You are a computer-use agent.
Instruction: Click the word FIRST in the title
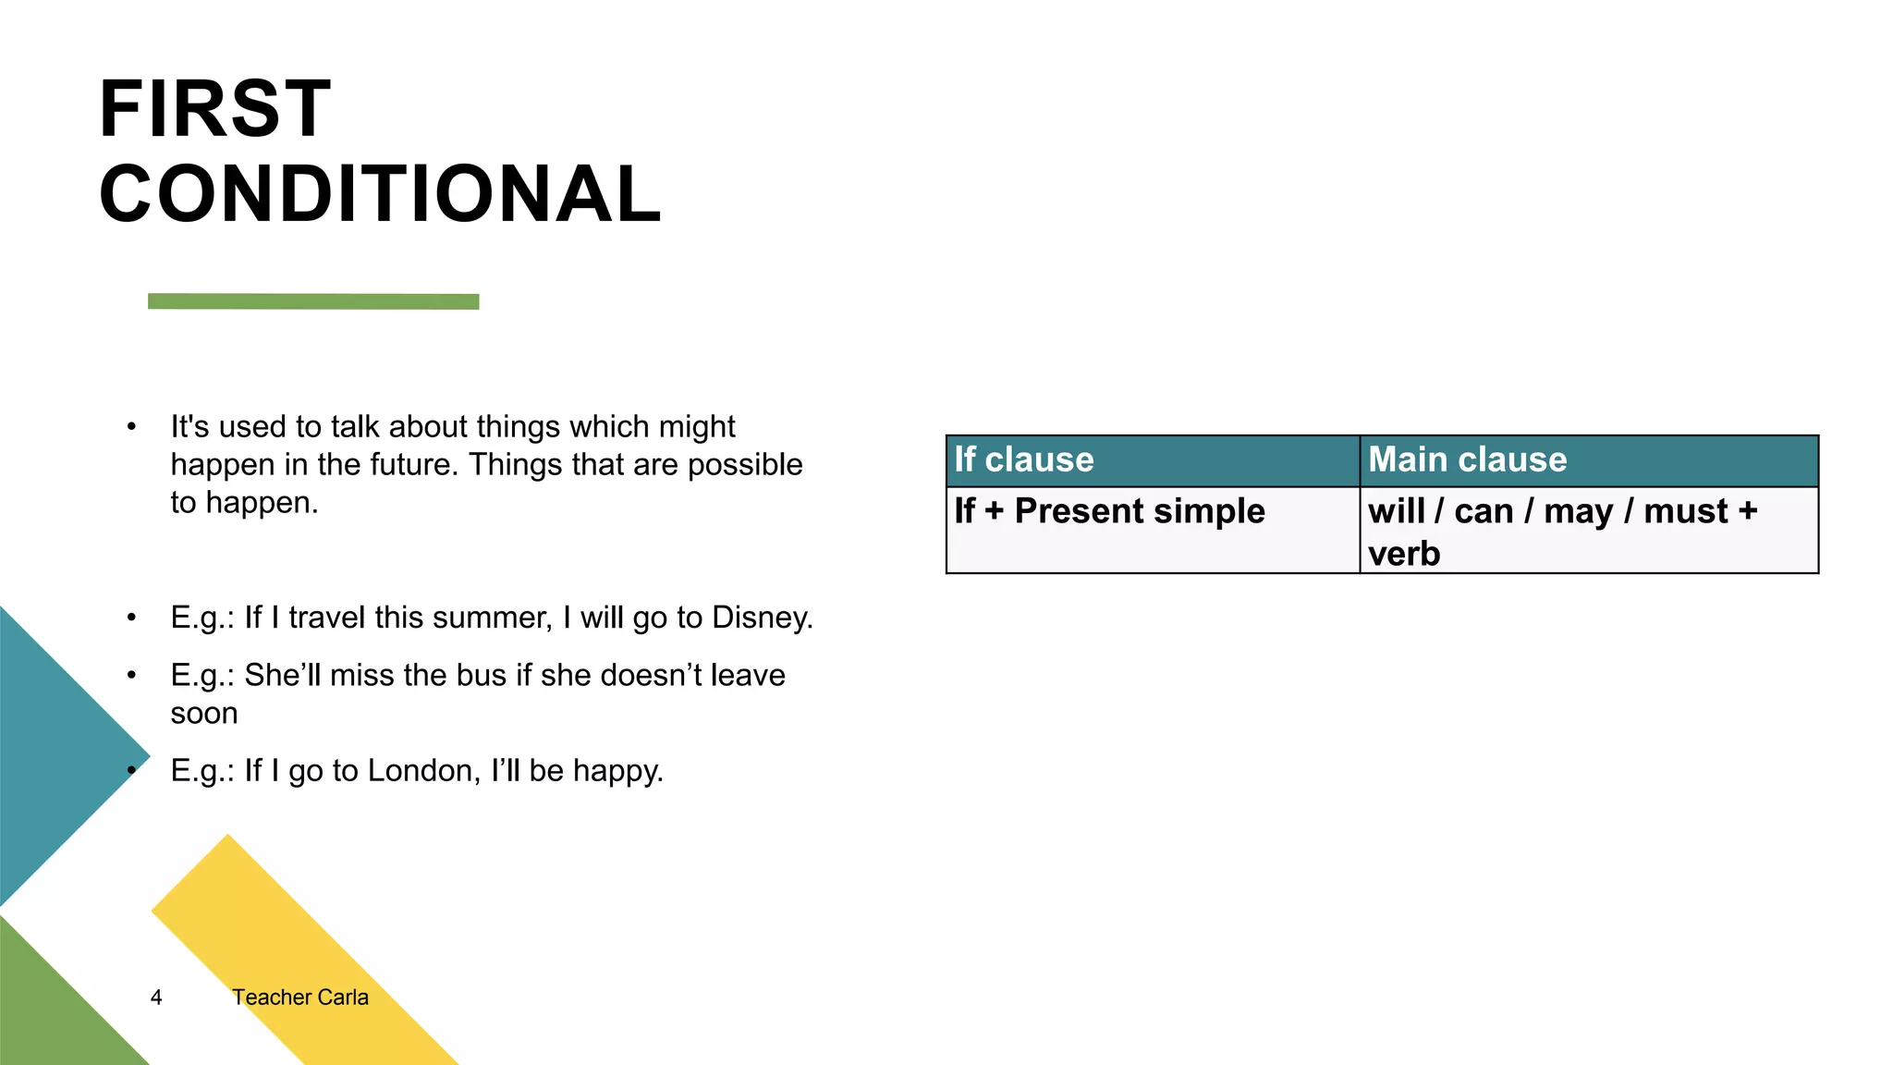214,109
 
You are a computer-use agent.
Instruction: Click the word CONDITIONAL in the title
380,194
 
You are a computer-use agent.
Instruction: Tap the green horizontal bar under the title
313,301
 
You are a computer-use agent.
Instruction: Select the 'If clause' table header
1024,459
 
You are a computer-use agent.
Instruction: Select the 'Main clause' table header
1467,459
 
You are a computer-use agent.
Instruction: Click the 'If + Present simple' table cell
1109,511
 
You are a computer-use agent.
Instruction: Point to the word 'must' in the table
1685,511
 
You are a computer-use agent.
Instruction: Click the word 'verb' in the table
1403,554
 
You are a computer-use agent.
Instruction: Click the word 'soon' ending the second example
204,714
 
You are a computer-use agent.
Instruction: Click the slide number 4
156,998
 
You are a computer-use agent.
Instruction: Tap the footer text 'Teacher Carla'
299,998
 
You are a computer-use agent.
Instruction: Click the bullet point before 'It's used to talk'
132,427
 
